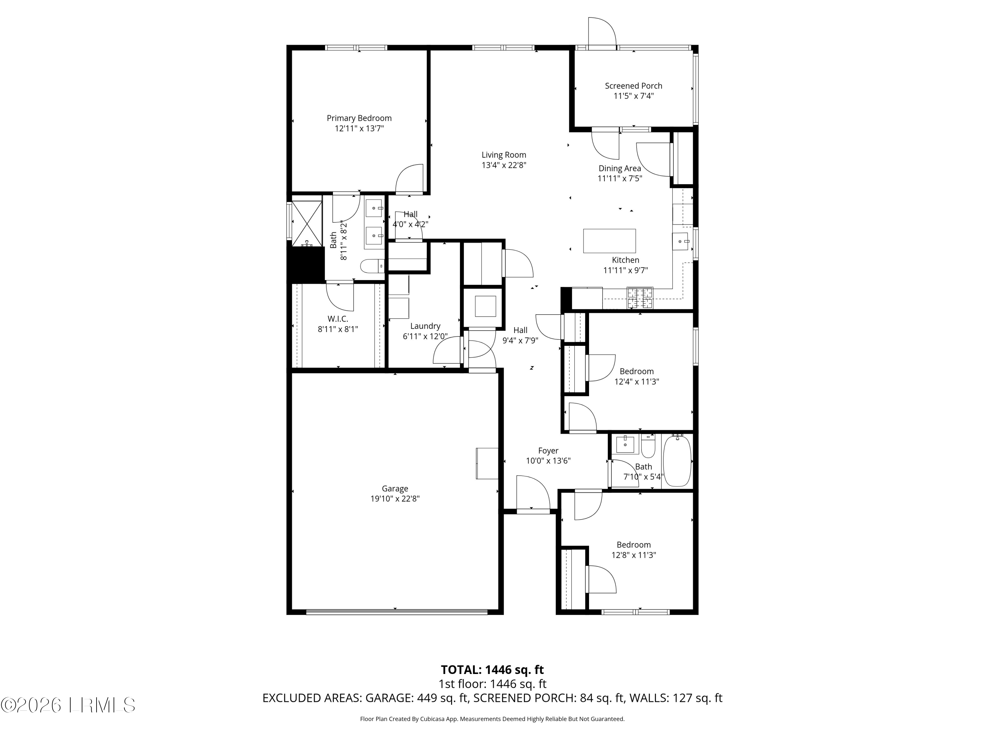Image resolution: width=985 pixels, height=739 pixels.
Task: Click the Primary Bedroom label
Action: coord(359,118)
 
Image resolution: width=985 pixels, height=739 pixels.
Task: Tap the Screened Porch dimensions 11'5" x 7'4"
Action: coord(633,96)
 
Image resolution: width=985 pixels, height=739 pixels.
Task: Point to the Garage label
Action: coord(395,489)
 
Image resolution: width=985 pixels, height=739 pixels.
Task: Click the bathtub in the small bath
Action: coord(677,461)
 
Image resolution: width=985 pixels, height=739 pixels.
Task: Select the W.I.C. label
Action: coord(338,319)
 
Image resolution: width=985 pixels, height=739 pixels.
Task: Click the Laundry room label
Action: coord(425,326)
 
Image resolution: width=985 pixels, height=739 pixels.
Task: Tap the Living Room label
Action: coord(504,155)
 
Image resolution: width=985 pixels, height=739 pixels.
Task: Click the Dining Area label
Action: coord(620,168)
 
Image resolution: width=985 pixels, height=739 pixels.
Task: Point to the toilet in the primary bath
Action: coord(372,266)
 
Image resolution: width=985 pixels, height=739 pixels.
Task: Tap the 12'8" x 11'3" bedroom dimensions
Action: coord(633,555)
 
